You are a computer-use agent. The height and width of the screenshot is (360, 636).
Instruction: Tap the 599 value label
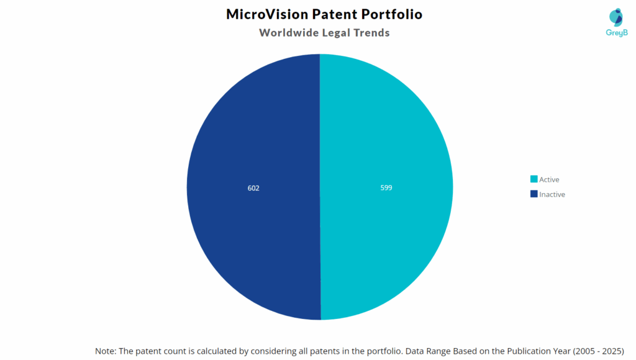[386, 187]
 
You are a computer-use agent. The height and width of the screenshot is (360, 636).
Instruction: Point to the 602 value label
[253, 187]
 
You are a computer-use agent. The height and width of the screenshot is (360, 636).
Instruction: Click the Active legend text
[549, 179]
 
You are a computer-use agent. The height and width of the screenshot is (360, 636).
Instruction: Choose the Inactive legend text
[552, 194]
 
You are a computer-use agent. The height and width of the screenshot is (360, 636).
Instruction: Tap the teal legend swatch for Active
[534, 179]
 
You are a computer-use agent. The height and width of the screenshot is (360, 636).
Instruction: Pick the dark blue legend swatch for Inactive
[534, 194]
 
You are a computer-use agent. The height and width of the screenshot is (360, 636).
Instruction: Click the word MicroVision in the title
[266, 14]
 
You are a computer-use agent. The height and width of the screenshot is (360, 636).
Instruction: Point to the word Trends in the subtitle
[371, 33]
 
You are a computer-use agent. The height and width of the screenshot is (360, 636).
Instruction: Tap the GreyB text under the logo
[616, 33]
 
